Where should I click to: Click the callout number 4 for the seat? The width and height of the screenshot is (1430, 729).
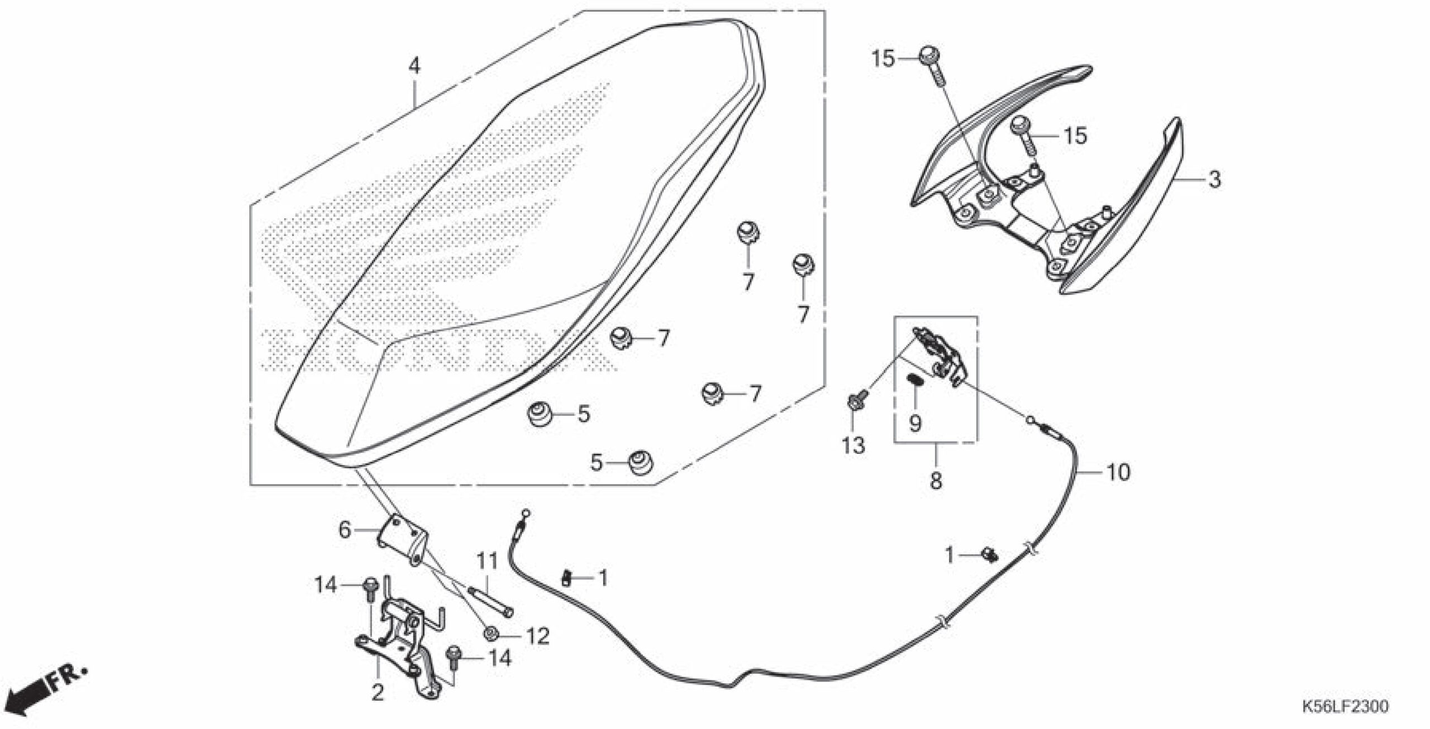coord(413,66)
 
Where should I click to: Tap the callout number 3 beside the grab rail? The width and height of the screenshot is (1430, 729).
coord(1214,180)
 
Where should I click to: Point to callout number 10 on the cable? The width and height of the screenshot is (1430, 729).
coord(1118,472)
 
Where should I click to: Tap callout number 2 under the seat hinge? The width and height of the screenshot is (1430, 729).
coord(378,693)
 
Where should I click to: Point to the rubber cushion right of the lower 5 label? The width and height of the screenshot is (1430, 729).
coord(638,462)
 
